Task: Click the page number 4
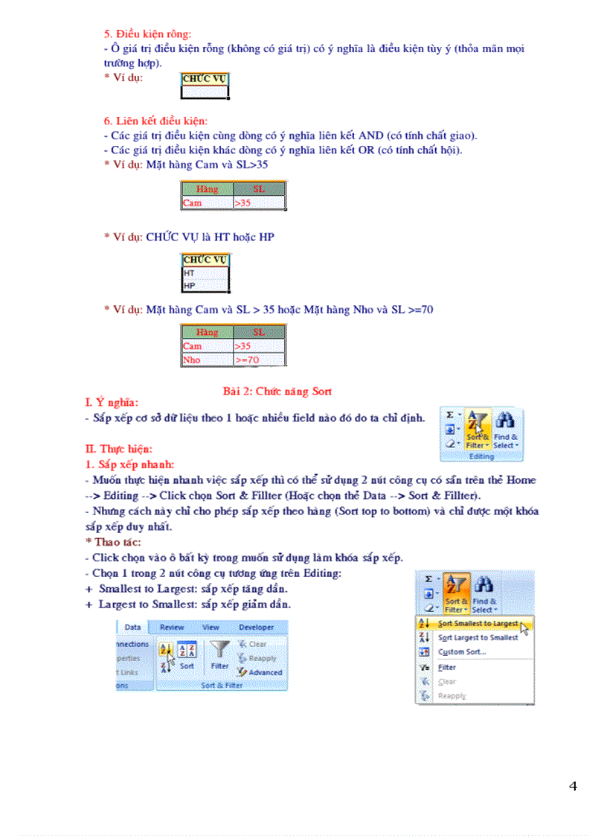573,786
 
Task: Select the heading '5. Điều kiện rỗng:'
147,33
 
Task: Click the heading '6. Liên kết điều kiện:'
155,121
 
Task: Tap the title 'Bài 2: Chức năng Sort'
277,391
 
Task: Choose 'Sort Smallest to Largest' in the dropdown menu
478,624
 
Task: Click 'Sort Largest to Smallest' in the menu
478,638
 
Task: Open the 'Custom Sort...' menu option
461,652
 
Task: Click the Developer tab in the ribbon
256,628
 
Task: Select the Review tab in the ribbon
172,628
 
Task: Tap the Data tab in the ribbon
132,628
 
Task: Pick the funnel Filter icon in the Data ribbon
219,651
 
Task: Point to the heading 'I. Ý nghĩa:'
112,403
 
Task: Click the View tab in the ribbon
211,628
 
